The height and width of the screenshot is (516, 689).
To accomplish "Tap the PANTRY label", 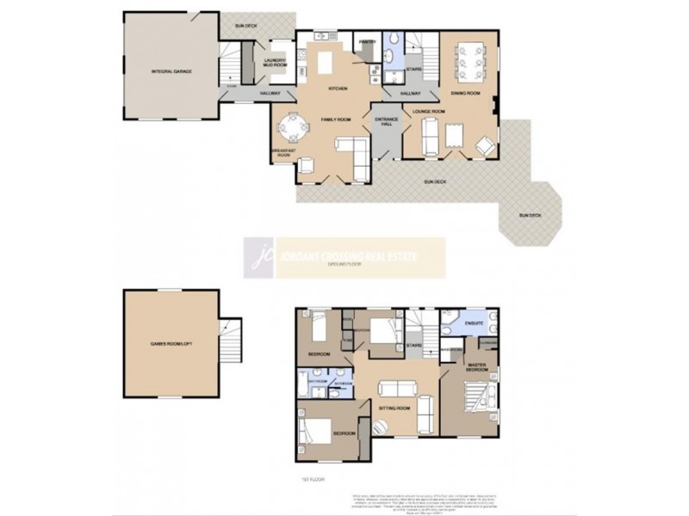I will point(367,40).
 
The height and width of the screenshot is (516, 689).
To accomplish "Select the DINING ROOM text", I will point(467,92).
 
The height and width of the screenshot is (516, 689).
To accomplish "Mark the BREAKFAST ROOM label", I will point(284,152).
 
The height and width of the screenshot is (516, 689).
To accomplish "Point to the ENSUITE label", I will point(473,325).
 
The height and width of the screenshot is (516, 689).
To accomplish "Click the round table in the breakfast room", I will point(294,128).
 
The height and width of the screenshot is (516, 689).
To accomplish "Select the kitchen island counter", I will point(326,63).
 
